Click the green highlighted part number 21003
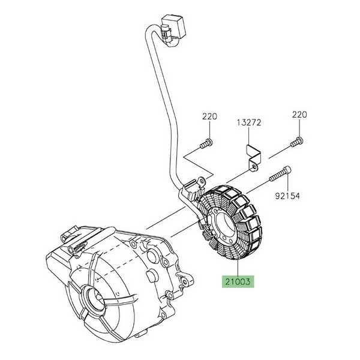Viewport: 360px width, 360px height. tap(238, 280)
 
